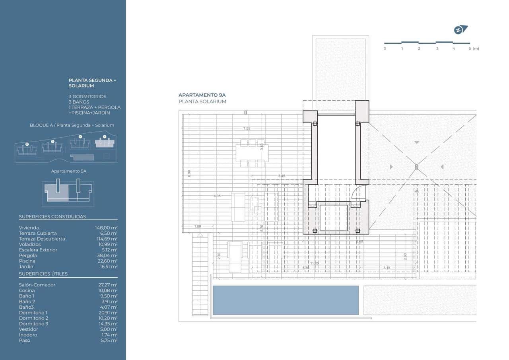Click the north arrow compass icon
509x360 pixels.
(x=460, y=30)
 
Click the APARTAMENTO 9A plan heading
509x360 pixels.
(x=202, y=95)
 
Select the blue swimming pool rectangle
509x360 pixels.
(x=286, y=300)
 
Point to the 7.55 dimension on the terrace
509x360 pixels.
(x=247, y=128)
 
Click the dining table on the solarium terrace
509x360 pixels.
(x=252, y=153)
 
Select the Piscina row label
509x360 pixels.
(x=27, y=261)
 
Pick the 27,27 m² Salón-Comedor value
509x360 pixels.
(x=107, y=285)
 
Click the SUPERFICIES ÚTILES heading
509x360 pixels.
(x=43, y=274)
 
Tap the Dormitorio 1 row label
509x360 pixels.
(x=33, y=313)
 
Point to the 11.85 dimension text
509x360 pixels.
(x=315, y=263)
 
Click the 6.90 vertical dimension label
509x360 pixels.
(x=189, y=173)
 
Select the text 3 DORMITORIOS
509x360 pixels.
(x=87, y=96)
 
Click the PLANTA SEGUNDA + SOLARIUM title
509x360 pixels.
(x=92, y=83)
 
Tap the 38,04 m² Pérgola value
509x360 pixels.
(x=107, y=255)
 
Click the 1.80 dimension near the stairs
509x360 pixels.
(x=198, y=226)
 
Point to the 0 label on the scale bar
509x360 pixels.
(x=385, y=49)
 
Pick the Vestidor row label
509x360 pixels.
(x=29, y=329)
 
